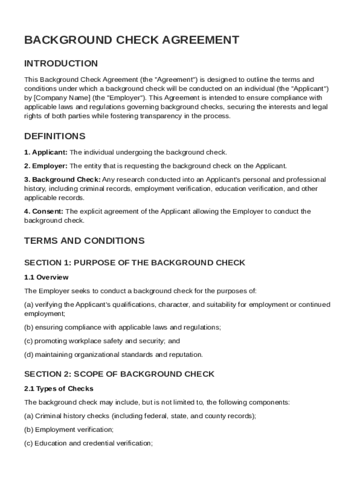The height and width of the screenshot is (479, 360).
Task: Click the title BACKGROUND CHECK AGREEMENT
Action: click(132, 40)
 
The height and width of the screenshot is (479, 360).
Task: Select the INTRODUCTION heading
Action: click(61, 64)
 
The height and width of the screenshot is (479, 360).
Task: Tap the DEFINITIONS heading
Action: click(55, 137)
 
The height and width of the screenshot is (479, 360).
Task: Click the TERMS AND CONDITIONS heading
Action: click(85, 241)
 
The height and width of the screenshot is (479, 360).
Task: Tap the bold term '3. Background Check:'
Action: click(62, 180)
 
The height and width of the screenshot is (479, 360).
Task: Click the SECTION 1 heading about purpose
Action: click(135, 263)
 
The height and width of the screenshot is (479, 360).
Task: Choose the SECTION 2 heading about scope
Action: click(119, 374)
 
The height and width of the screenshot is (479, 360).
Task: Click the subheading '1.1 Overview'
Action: click(46, 277)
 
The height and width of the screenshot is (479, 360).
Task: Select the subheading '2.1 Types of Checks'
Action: click(59, 389)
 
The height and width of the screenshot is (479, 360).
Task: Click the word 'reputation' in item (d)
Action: click(187, 355)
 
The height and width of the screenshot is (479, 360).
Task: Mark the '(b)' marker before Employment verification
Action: click(29, 429)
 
